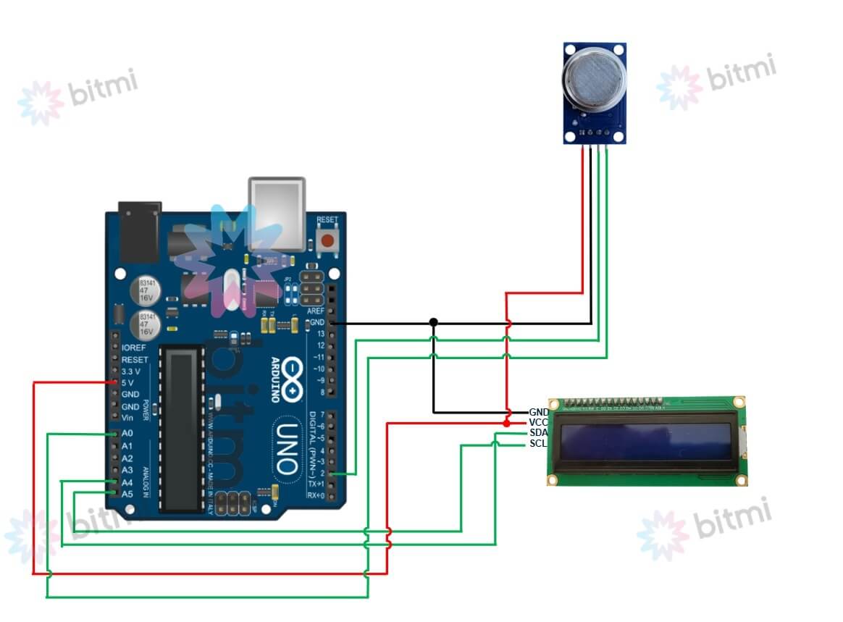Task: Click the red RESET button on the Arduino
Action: (x=327, y=240)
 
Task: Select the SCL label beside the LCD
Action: (x=538, y=443)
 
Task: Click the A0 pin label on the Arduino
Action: (x=127, y=433)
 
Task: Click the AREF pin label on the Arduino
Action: (x=316, y=310)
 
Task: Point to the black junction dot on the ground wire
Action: (x=433, y=321)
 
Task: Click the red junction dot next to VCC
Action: (x=506, y=421)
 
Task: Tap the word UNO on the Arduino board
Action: (x=287, y=450)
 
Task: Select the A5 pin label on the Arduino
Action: (x=127, y=494)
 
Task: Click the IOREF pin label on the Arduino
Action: (x=134, y=348)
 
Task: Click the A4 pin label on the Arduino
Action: (x=127, y=482)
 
